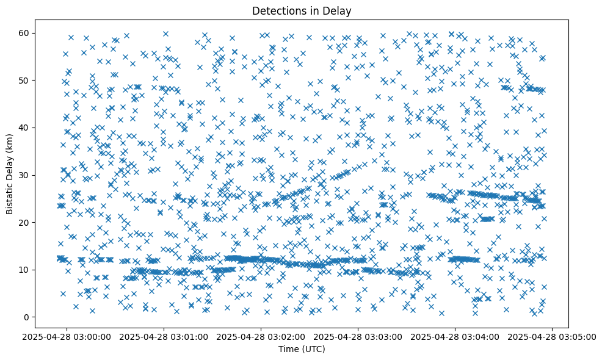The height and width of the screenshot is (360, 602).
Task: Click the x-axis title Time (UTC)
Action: pyautogui.click(x=301, y=350)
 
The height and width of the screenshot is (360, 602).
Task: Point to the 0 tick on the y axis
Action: pyautogui.click(x=27, y=317)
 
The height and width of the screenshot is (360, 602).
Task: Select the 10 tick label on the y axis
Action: pyautogui.click(x=25, y=270)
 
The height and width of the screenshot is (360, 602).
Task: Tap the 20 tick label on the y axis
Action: pyautogui.click(x=25, y=223)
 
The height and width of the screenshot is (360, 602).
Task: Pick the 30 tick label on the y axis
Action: pyautogui.click(x=25, y=175)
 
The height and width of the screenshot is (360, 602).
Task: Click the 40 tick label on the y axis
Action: pyautogui.click(x=25, y=128)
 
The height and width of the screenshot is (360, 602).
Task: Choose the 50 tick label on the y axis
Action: pyautogui.click(x=25, y=81)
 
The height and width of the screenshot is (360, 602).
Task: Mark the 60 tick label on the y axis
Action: pyautogui.click(x=25, y=33)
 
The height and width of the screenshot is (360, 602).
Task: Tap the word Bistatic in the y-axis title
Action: pyautogui.click(x=10, y=198)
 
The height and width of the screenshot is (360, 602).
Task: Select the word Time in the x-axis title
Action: pyautogui.click(x=288, y=350)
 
